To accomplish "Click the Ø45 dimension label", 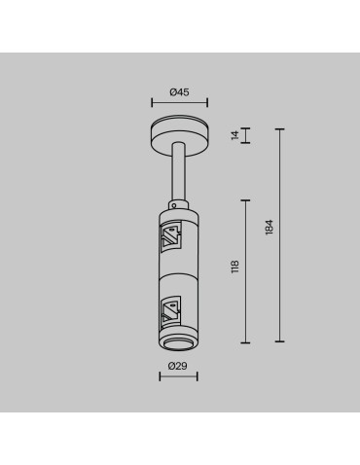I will click(x=178, y=92).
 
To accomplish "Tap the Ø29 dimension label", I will click(x=178, y=365).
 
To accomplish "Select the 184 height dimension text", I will click(x=270, y=227).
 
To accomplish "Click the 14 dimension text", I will click(x=234, y=136).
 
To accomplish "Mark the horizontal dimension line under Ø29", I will click(x=178, y=376).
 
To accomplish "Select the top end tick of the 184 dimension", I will click(x=280, y=127).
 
